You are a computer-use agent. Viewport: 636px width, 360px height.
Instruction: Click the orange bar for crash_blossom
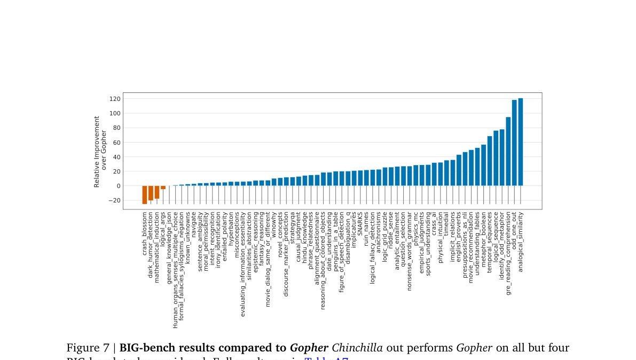click(x=144, y=194)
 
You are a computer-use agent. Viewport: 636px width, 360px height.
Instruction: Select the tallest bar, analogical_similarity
click(x=521, y=142)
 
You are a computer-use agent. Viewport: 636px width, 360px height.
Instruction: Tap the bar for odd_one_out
click(x=514, y=143)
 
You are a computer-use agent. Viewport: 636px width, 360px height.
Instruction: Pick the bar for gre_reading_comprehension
click(x=508, y=151)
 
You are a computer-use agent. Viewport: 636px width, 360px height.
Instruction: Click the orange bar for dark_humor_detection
click(x=151, y=193)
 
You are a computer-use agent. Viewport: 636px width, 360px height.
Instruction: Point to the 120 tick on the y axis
click(x=114, y=99)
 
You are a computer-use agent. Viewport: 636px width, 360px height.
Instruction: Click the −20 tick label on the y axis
click(x=113, y=201)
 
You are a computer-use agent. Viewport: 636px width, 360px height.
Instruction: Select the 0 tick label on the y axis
click(x=118, y=186)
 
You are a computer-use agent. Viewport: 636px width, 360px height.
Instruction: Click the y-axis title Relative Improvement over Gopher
click(x=100, y=152)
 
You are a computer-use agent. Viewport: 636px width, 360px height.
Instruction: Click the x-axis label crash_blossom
click(x=145, y=233)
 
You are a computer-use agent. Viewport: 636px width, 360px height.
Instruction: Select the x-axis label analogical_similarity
click(x=521, y=242)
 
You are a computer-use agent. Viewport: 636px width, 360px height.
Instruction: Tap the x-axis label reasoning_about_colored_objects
click(x=323, y=260)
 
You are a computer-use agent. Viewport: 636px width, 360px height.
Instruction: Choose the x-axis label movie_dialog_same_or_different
click(x=268, y=259)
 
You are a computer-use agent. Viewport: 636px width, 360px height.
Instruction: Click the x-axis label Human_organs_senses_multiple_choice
click(x=175, y=270)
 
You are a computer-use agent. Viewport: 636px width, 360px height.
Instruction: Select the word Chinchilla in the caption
click(x=357, y=348)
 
